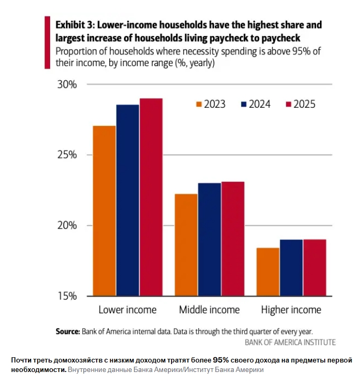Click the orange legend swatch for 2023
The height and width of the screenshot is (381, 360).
tap(200, 104)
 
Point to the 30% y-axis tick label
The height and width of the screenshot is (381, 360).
tap(67, 85)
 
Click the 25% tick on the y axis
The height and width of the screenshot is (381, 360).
tap(67, 155)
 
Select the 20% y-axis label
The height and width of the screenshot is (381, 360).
tap(67, 226)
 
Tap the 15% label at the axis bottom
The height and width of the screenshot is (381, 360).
tap(67, 296)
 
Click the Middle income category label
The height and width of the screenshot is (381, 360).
tap(210, 310)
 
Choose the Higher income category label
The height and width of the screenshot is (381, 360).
tap(291, 310)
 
